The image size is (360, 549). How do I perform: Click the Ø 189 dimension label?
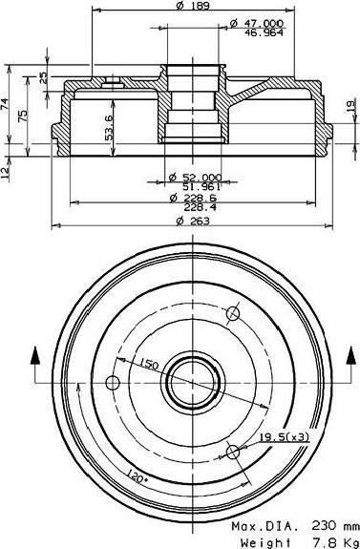193,6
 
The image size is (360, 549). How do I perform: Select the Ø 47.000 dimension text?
257,24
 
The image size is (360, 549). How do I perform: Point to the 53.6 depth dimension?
109,128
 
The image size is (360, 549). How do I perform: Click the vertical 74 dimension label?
4,104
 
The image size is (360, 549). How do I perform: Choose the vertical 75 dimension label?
22,116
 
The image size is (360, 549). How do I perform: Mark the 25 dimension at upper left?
42,77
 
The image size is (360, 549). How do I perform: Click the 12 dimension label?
5,173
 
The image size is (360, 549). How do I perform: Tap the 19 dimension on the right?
350,106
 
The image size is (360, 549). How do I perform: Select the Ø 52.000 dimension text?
195,178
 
